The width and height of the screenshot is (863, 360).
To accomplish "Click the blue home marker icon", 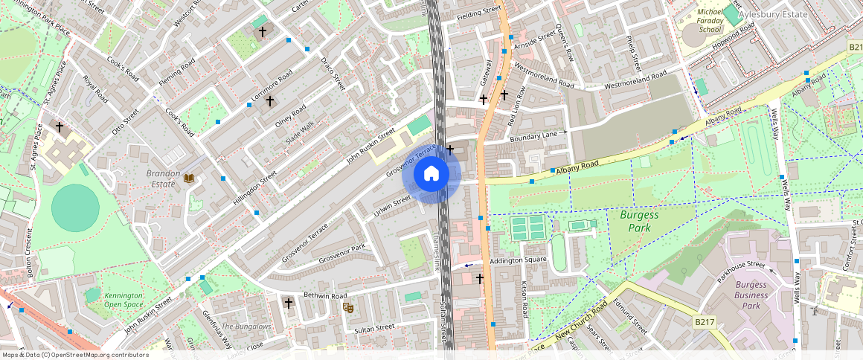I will click(x=431, y=175).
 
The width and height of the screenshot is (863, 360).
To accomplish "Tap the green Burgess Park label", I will click(x=640, y=221).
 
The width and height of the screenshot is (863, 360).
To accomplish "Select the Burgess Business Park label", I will click(x=751, y=295).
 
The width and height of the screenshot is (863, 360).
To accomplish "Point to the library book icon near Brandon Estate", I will click(x=189, y=178).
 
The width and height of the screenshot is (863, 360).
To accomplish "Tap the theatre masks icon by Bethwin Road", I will click(x=347, y=306).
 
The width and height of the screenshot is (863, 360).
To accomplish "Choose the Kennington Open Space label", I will click(x=123, y=300).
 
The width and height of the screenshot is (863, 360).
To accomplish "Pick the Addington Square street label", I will click(x=518, y=260).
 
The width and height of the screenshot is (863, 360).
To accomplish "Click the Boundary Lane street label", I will click(x=533, y=134).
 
